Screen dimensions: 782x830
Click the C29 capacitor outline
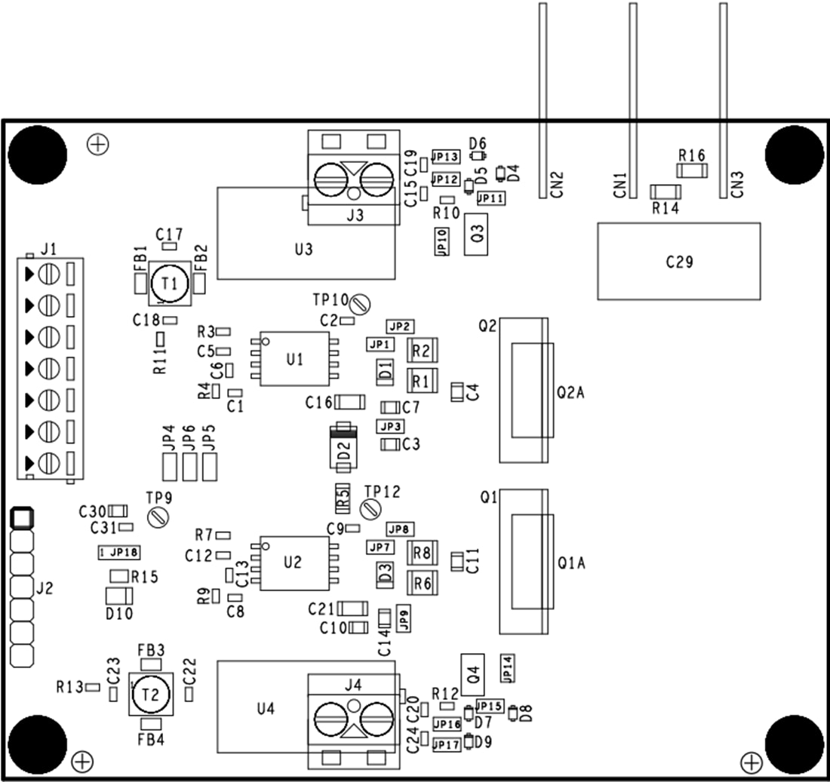pos(678,261)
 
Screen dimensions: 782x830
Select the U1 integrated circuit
pos(295,359)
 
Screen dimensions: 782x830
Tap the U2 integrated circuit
pos(294,563)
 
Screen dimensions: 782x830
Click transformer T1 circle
pos(170,284)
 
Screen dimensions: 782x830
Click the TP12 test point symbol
pos(370,509)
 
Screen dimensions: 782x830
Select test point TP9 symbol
pos(158,517)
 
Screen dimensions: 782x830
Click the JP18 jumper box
pos(119,552)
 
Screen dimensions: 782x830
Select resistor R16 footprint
pos(691,171)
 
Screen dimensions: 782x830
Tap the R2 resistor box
pos(422,351)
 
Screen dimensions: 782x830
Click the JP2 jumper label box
pos(400,327)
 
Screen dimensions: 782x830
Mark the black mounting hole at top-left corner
pos(38,155)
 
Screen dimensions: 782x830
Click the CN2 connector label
pos(557,186)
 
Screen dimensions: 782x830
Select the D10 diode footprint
pos(119,596)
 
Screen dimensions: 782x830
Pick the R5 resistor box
pos(343,495)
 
